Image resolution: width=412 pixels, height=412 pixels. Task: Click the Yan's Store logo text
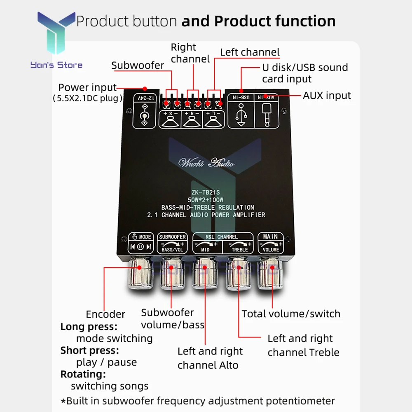tap(56, 65)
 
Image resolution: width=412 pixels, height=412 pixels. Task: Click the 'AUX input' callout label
tap(327, 96)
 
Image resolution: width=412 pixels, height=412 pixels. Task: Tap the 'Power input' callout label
tap(87, 87)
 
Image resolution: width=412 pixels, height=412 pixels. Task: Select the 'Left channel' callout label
tap(250, 52)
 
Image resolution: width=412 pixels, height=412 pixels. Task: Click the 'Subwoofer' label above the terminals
tap(138, 65)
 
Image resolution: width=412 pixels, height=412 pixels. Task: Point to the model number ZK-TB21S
tap(206, 192)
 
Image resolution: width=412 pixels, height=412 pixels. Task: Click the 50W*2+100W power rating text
tap(206, 200)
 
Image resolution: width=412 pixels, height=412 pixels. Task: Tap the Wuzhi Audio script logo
tap(206, 163)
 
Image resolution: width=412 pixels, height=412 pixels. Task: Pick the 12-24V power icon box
tap(144, 110)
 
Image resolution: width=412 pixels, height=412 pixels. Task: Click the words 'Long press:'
tap(89, 327)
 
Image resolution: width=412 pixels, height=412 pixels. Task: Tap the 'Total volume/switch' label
tap(291, 314)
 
